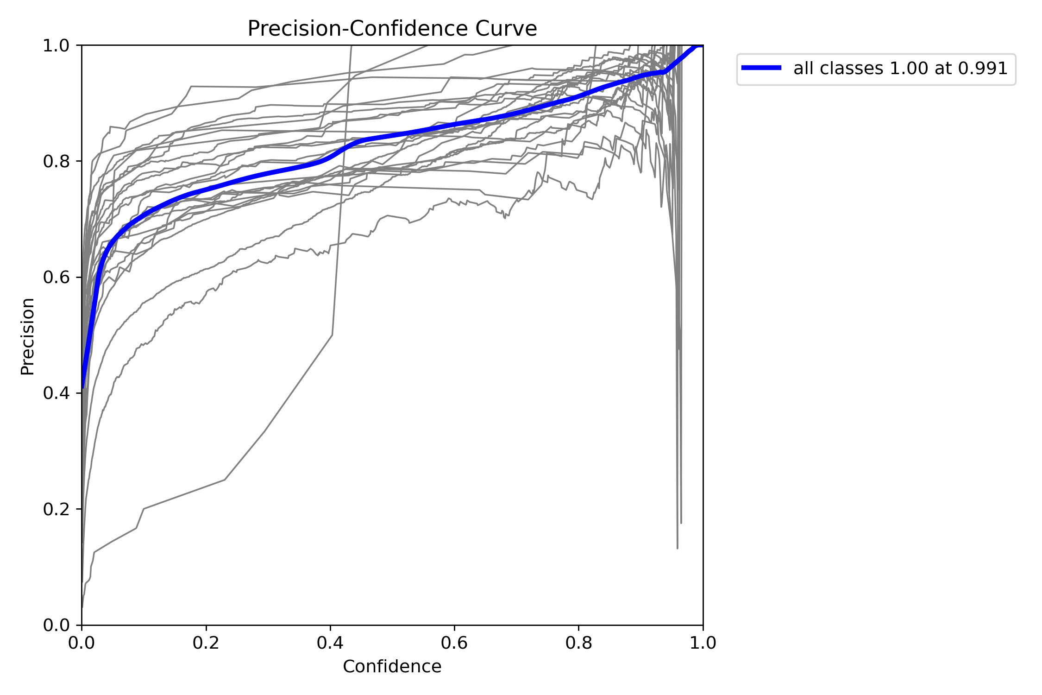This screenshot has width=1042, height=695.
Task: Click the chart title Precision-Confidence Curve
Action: point(392,29)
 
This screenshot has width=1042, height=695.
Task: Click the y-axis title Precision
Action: point(28,336)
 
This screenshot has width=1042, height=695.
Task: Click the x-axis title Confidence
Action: point(392,666)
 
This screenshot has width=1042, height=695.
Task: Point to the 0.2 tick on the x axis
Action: point(206,643)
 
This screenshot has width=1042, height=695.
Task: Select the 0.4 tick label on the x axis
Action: point(330,643)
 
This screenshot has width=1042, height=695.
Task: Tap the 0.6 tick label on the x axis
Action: point(454,643)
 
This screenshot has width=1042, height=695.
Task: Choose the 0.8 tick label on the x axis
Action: point(578,643)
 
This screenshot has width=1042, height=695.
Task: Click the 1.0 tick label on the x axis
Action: point(703,643)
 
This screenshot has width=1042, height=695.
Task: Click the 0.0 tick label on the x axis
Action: point(82,643)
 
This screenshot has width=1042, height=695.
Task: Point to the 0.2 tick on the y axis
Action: point(56,509)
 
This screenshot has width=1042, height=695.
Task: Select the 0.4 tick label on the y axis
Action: point(56,393)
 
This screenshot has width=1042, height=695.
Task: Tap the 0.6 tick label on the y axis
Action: point(56,278)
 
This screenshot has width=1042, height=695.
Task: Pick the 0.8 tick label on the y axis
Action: point(56,162)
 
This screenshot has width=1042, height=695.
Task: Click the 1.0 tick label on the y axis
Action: point(56,46)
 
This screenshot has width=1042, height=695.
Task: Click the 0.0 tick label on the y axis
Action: point(56,625)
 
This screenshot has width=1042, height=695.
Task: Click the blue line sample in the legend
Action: point(761,68)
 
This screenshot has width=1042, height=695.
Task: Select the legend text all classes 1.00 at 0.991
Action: point(900,69)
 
